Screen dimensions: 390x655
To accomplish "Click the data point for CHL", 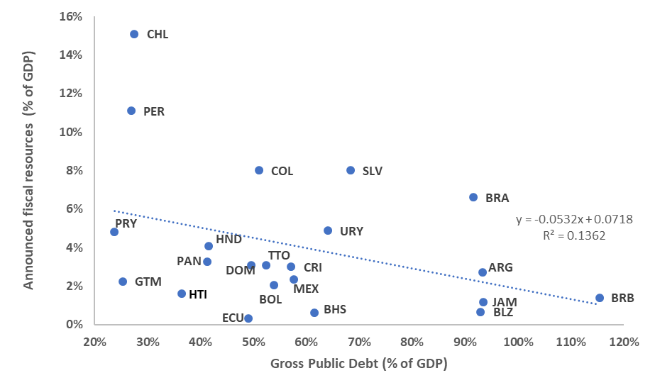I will (134, 34).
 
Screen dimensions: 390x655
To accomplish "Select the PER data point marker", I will (131, 111).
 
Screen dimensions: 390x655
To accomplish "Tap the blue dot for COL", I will (259, 170).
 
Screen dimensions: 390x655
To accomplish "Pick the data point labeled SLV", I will (351, 170).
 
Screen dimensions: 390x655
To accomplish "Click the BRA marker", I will (473, 197).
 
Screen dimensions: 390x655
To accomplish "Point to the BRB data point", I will (600, 298).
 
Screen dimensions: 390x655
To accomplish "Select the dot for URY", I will (328, 230).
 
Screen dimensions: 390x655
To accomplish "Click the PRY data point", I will (114, 232).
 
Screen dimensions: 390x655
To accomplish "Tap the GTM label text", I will (148, 282).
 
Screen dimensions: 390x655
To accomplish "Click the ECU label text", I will (232, 318).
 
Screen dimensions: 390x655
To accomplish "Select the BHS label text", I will (335, 309).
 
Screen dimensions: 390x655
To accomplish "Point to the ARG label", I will (500, 267).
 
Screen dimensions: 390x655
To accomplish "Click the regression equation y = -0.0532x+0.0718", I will (574, 220).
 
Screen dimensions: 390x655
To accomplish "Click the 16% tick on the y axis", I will (73, 16).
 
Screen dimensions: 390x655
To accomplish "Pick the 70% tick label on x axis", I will (359, 342).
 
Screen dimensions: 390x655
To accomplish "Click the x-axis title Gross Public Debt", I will (358, 364).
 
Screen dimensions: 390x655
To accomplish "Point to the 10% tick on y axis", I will (73, 132).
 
